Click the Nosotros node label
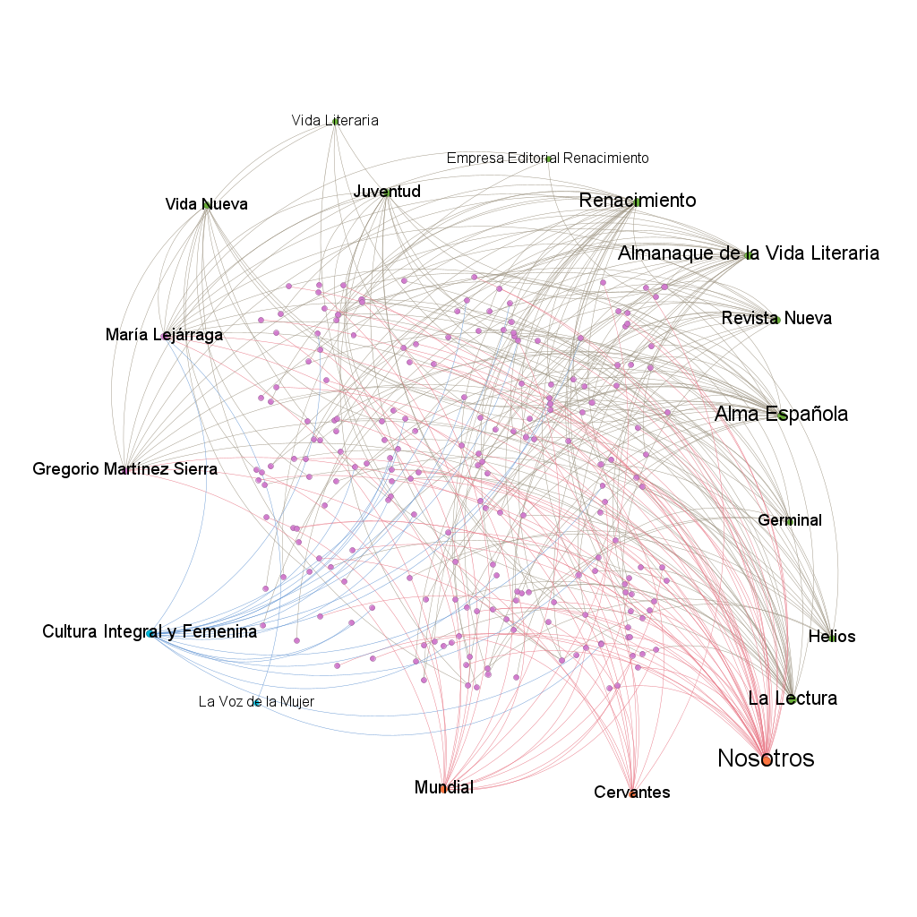point(766,758)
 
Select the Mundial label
point(444,787)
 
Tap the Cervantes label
point(631,792)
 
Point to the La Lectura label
point(793,698)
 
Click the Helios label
point(832,637)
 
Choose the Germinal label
point(790,520)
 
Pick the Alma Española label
point(781,414)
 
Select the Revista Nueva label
point(776,318)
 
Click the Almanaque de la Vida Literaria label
point(749,253)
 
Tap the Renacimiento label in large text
point(638,200)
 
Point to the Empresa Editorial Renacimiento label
point(547,158)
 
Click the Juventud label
point(387,192)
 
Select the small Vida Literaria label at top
point(335,121)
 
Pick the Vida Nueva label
point(207,204)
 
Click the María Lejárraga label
point(165,335)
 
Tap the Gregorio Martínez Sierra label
point(124,468)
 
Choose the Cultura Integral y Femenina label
point(150,631)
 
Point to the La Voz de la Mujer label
point(256,701)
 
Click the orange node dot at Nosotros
point(767,760)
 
